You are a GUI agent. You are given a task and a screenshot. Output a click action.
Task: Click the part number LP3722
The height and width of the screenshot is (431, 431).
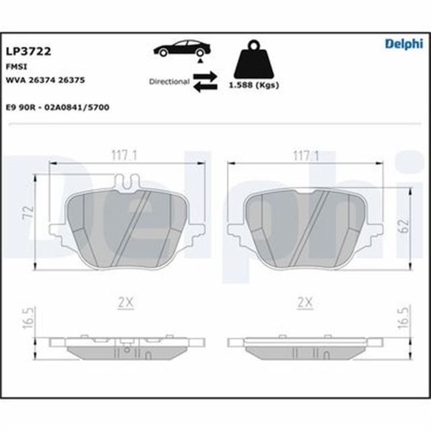coord(29,51)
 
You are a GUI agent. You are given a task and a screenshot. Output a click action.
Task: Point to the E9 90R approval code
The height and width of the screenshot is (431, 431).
coord(57,107)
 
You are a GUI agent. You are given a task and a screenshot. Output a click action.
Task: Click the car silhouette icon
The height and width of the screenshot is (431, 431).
coord(182,48)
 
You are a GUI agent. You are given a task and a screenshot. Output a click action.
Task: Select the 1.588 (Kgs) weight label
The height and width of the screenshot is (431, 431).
coord(255,86)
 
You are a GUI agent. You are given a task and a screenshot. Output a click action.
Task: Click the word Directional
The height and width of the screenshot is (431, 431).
coord(169,81)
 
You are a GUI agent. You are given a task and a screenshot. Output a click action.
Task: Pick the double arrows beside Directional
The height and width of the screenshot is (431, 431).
coord(205,81)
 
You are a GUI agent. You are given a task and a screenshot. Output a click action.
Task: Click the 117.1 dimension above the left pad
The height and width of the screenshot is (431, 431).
coord(125,156)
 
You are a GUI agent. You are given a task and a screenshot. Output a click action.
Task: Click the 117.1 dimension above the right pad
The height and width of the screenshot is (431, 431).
coord(304,156)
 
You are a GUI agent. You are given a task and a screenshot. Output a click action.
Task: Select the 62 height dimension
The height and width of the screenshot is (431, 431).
coord(403,226)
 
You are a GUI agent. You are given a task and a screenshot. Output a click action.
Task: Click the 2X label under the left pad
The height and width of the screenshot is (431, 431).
coord(125,304)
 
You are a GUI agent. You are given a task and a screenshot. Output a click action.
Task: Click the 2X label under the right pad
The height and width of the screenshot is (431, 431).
coord(305,304)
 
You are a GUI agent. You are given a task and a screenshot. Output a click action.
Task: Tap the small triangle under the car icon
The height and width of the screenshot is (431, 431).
coord(200,61)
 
